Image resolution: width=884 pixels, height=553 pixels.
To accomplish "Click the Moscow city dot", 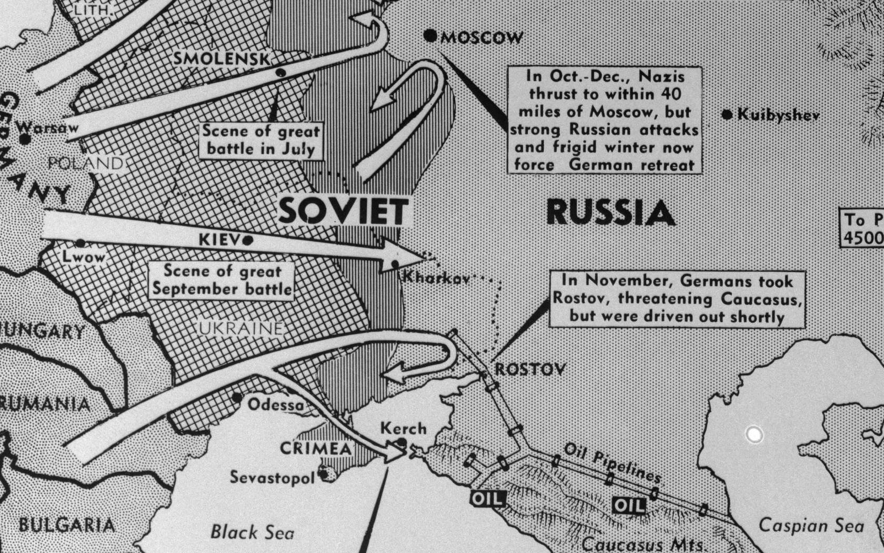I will pos(430,36).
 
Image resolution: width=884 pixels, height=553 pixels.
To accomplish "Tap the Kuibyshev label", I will pos(778,114).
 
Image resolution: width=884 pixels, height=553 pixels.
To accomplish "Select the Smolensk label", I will pos(222,58).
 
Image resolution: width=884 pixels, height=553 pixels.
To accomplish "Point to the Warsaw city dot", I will pos(24,139).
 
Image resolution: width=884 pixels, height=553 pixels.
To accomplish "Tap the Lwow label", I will pos(84,258).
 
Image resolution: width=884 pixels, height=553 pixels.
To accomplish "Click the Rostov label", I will pos(530,369).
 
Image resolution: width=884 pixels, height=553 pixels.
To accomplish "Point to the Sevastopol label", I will pos(273,477).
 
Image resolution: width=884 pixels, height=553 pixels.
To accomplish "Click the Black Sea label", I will pos(252,532).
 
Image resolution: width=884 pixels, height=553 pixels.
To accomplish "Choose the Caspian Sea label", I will pos(811,526).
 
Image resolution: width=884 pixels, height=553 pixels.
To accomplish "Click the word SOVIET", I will pos(343,212).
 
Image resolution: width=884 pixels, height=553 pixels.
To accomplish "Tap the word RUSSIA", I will pos(610,213).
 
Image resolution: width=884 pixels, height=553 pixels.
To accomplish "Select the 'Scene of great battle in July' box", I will pos(261,140).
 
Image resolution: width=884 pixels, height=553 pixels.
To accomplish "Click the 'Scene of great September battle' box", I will pos(221,281).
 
